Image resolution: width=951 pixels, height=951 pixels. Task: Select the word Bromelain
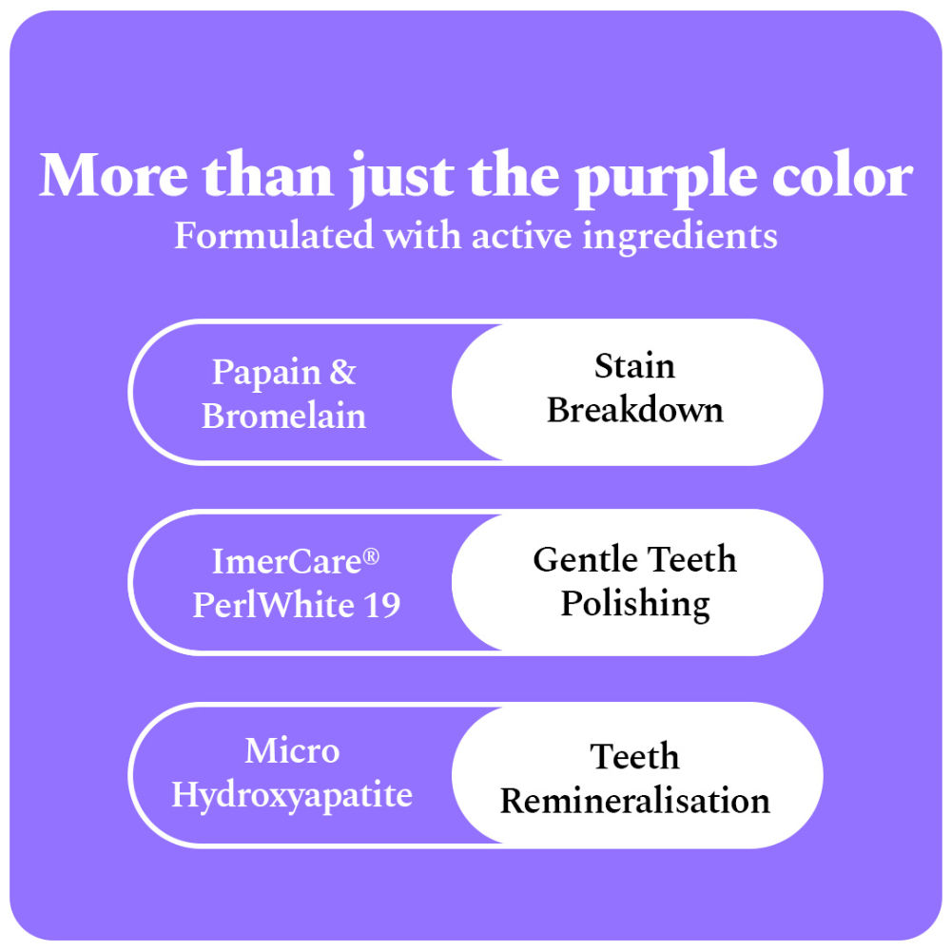point(283,417)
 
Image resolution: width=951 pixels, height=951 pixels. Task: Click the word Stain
point(634,366)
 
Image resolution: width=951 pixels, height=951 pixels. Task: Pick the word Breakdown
point(634,410)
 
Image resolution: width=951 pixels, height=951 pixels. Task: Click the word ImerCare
point(282,562)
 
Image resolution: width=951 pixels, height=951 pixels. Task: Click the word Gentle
point(581,559)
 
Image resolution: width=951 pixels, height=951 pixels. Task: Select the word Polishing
point(634,605)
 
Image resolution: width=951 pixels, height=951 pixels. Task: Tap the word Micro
point(292,751)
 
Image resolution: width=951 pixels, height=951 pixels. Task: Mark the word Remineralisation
point(634,801)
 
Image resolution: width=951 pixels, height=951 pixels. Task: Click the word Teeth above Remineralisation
point(634,757)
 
